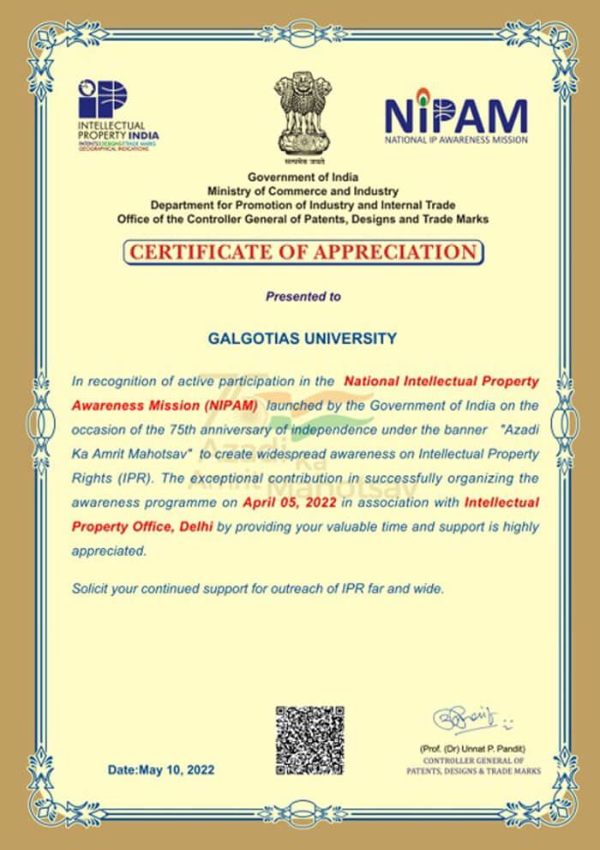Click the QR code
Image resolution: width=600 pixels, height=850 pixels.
tap(309, 740)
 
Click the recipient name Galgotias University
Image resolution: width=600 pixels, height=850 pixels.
tap(303, 339)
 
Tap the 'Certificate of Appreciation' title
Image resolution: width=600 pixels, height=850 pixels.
tap(303, 252)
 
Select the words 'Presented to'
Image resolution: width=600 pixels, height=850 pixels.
tap(303, 297)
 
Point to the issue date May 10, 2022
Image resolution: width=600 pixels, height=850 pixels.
tap(161, 770)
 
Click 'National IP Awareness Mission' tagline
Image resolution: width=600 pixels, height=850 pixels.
tap(455, 139)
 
